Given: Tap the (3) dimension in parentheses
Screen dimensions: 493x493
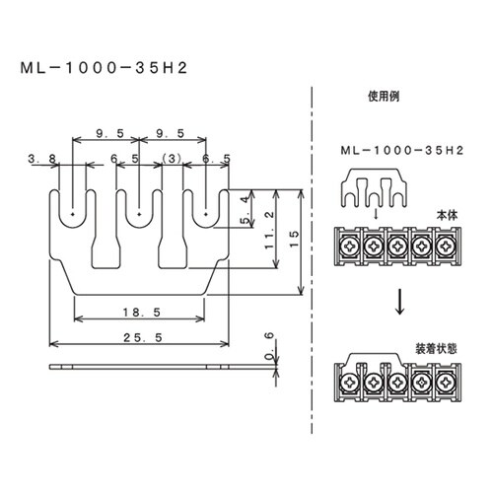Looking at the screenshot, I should (x=172, y=158).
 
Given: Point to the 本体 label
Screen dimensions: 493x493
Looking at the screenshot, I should (x=445, y=212).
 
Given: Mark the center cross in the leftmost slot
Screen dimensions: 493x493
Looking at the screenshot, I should (x=74, y=211).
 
